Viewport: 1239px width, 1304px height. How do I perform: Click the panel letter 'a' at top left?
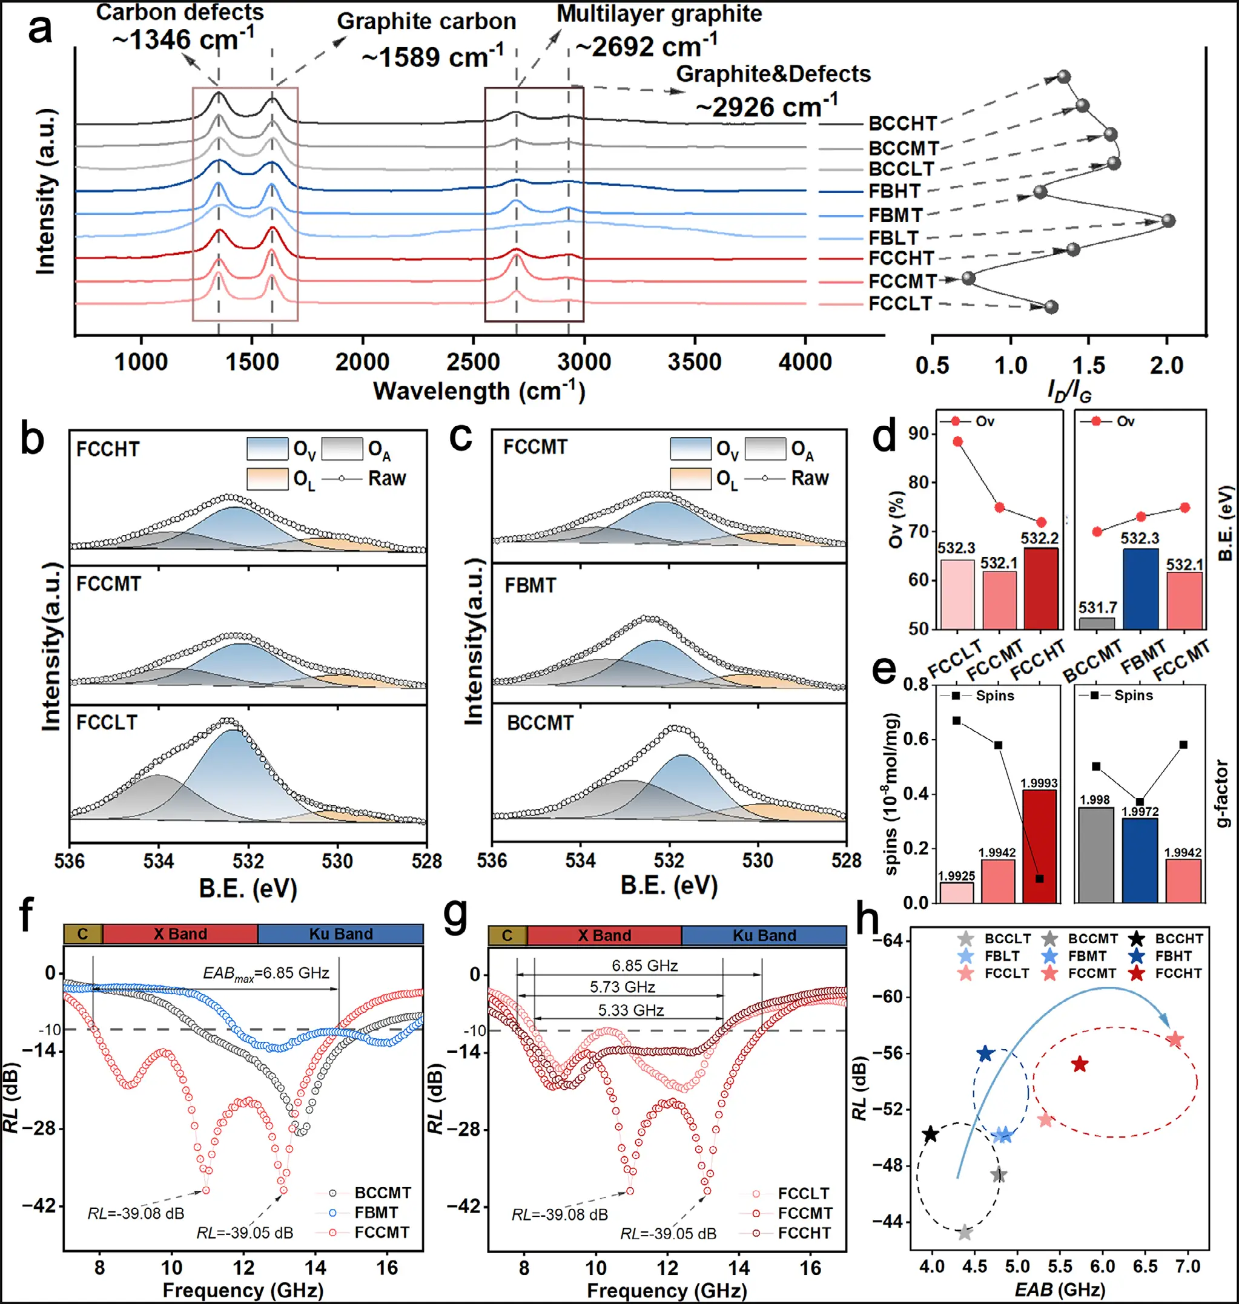(x=39, y=30)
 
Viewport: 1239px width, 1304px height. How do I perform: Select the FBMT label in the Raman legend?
(x=895, y=216)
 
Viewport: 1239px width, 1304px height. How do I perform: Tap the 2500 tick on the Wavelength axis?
(x=473, y=362)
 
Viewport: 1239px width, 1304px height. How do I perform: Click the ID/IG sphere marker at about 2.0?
(x=1168, y=220)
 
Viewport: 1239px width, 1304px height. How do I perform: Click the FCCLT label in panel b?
(x=107, y=722)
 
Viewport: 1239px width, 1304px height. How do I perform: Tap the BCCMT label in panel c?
(x=540, y=723)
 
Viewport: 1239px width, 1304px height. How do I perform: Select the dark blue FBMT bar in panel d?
(x=1140, y=588)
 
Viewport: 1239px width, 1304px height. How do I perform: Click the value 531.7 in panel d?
(x=1098, y=607)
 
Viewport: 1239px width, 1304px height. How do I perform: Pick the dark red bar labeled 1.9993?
(x=1039, y=845)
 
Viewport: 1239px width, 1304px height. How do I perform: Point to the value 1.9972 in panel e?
(x=1140, y=811)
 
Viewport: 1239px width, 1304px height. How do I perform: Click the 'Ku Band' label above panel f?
(x=341, y=934)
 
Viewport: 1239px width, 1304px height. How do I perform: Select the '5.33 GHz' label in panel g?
(x=631, y=1010)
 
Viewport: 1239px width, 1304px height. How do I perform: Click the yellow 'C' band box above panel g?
(x=507, y=935)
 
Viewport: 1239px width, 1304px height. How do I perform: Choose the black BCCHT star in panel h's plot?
(x=930, y=1134)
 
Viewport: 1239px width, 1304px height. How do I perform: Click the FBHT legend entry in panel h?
(x=1173, y=955)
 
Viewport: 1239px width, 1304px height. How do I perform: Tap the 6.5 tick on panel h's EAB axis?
(x=1145, y=1266)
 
